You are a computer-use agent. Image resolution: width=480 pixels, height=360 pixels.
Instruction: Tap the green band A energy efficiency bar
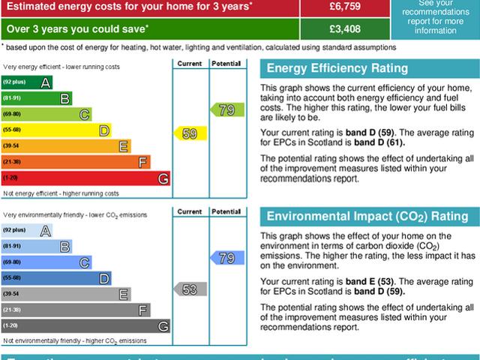point(27,81)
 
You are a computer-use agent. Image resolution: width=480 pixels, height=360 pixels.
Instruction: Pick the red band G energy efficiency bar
point(85,178)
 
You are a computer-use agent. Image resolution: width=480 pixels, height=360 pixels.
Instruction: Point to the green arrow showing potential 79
point(226,109)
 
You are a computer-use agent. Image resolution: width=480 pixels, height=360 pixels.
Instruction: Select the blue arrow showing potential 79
point(226,258)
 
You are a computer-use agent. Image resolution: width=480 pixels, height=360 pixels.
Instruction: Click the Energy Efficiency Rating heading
point(337,69)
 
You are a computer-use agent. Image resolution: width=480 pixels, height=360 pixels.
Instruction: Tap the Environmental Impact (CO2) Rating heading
point(367,217)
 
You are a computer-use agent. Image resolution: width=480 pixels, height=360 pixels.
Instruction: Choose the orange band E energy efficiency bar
point(66,145)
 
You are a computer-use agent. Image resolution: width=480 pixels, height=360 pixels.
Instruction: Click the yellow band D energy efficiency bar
point(56,130)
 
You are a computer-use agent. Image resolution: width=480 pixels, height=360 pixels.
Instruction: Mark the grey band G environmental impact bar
point(85,326)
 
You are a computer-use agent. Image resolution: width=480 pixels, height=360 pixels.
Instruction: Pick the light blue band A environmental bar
point(27,230)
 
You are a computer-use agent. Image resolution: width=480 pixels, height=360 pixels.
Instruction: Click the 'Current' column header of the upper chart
point(189,64)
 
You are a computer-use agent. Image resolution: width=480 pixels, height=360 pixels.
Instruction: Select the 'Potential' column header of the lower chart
point(226,211)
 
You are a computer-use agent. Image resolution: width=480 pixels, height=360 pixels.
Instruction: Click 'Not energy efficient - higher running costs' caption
point(61,193)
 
